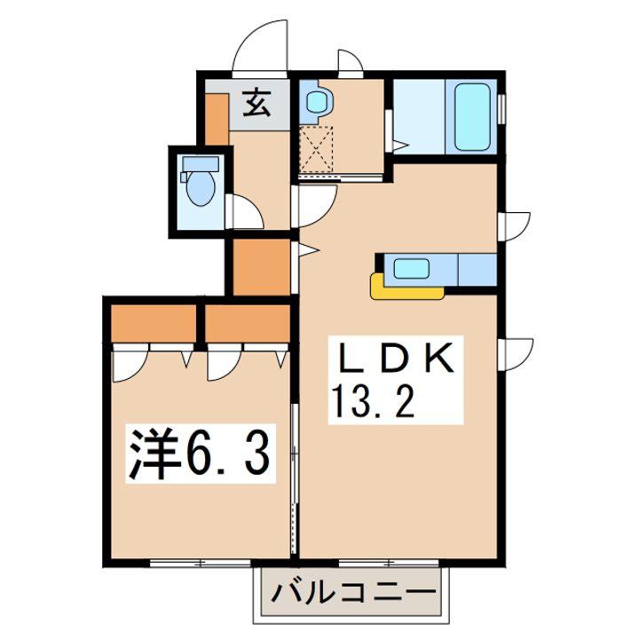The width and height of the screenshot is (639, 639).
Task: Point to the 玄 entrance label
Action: (x=256, y=105)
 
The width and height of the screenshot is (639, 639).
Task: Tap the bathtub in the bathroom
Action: (x=475, y=117)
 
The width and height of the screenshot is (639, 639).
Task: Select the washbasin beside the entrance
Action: (x=314, y=104)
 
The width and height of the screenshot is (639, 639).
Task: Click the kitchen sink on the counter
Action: (x=409, y=268)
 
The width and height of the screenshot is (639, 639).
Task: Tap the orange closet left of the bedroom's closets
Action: (x=153, y=323)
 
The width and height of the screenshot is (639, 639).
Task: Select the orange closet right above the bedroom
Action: (x=248, y=323)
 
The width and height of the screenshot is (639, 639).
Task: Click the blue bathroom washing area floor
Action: (x=421, y=117)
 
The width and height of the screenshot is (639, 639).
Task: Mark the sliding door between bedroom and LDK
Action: (x=295, y=497)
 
